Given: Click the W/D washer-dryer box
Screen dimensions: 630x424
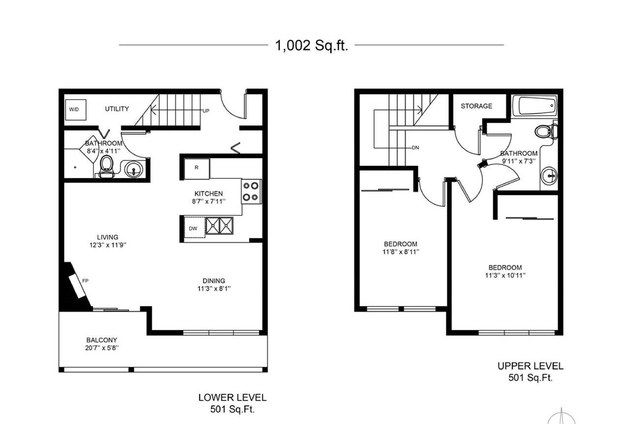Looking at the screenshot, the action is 76,110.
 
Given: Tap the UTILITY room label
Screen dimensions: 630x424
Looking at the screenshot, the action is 117,109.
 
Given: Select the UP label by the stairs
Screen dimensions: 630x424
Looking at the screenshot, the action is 206,111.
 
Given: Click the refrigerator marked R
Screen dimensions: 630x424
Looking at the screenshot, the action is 196,168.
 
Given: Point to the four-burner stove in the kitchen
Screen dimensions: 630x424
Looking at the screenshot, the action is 251,192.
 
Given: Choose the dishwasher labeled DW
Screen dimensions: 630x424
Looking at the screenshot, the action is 194,228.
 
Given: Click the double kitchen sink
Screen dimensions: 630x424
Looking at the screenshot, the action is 220,226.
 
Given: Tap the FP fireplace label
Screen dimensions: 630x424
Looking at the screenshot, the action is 85,281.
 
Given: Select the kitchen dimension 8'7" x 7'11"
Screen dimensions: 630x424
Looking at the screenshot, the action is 209,201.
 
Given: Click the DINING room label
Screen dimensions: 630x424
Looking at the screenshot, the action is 214,281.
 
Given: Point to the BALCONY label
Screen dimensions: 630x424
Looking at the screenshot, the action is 101,340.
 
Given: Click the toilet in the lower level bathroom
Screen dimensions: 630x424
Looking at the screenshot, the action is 107,166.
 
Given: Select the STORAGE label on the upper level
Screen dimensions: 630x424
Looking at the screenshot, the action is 476,106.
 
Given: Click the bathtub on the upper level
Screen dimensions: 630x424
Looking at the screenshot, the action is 535,105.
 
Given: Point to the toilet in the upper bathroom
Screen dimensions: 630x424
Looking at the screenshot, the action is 546,131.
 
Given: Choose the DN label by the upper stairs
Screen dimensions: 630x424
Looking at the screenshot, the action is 415,148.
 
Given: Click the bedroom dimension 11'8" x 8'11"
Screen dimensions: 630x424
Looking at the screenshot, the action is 401,252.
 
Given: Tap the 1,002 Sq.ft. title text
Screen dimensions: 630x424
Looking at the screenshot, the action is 312,45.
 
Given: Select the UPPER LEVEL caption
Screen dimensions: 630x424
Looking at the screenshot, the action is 531,366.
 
